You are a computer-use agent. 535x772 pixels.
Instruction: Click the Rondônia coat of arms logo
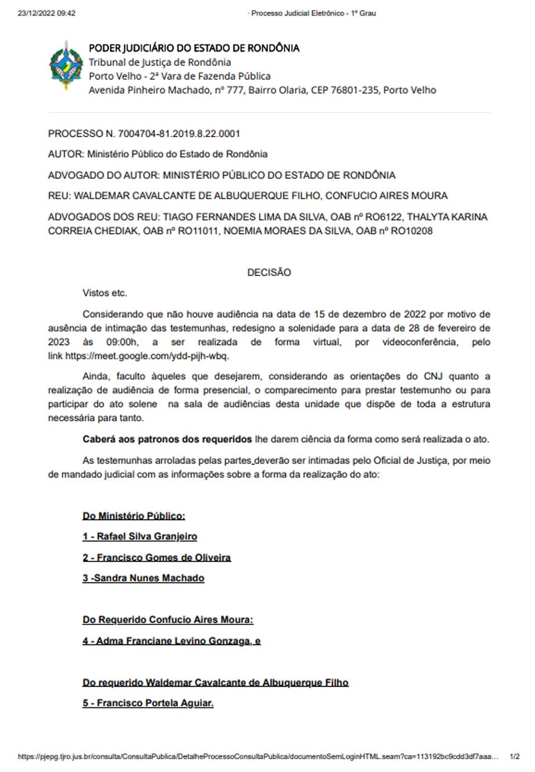click(66, 65)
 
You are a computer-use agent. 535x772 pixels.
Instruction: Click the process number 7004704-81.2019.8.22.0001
click(179, 134)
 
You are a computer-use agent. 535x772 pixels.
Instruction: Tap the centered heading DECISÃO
click(269, 273)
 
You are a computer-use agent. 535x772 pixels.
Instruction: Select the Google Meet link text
click(147, 356)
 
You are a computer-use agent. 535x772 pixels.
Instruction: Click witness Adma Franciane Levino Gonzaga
click(173, 641)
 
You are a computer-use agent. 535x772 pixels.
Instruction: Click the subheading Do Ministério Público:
click(134, 516)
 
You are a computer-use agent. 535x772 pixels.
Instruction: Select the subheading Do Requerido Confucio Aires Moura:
click(168, 620)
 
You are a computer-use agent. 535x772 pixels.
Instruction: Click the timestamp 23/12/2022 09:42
click(47, 13)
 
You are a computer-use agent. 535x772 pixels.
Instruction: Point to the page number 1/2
click(514, 756)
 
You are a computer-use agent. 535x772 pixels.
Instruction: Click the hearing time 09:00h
click(122, 342)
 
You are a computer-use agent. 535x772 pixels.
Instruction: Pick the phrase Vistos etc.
click(105, 293)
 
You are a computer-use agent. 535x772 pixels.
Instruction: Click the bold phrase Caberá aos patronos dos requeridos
click(167, 439)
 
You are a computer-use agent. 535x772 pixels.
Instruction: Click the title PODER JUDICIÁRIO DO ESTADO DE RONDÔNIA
click(194, 48)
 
